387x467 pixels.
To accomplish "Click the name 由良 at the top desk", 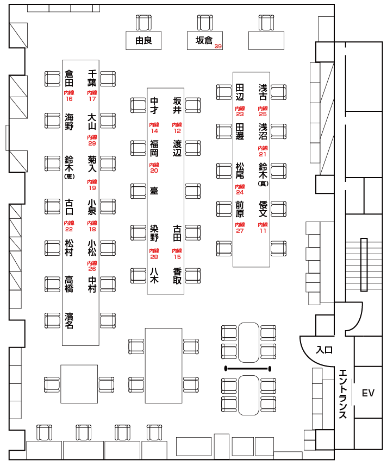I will tap(143, 40).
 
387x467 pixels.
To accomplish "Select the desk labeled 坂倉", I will tap(204, 40).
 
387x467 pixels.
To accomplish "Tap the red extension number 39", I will tap(219, 46).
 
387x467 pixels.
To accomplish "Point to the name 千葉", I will tap(92, 78).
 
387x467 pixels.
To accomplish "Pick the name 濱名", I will tap(69, 320).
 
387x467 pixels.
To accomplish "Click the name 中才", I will tap(154, 105).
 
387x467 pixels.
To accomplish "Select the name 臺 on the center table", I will tap(154, 191).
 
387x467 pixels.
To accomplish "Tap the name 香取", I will tap(177, 276).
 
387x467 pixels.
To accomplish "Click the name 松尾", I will tap(240, 171).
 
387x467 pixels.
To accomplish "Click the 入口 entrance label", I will tap(324, 350).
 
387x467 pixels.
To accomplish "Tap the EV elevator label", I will tap(368, 393).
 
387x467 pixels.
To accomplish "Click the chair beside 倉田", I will tap(52, 79).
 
